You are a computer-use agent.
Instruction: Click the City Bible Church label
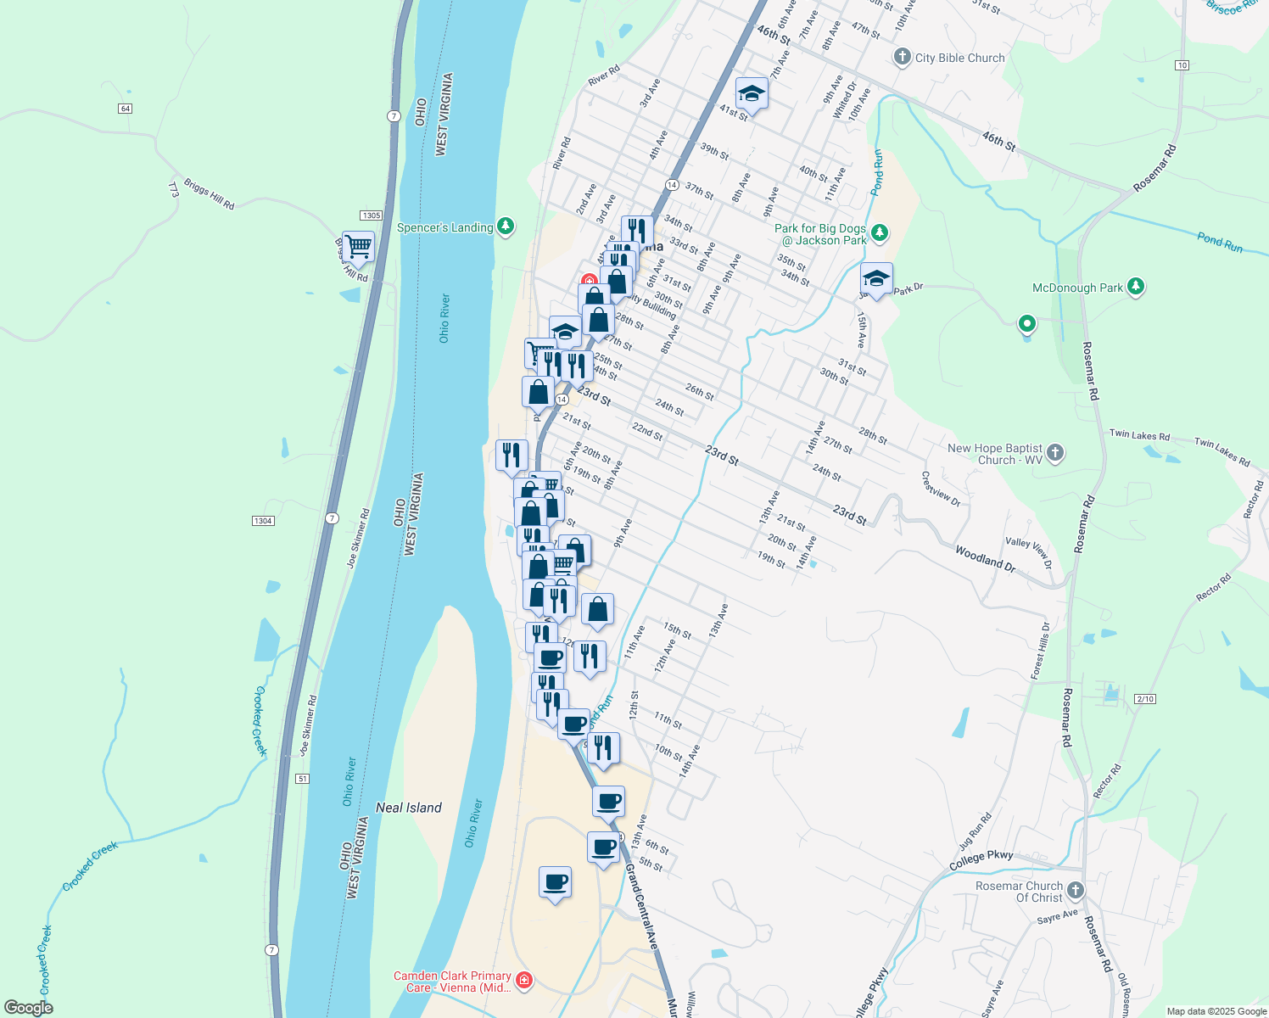click(959, 58)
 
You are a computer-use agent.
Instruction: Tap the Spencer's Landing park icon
click(506, 226)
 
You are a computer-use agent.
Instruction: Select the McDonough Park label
click(1077, 288)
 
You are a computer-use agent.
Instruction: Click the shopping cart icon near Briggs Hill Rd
click(359, 246)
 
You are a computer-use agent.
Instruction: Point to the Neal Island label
click(409, 808)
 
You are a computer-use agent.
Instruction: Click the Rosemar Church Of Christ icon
click(1076, 890)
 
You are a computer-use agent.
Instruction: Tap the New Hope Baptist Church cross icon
click(1055, 452)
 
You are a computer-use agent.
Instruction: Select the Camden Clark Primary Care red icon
click(524, 981)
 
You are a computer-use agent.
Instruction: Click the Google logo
click(29, 1008)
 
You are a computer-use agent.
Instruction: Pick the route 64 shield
click(126, 109)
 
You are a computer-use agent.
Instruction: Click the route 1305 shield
click(371, 215)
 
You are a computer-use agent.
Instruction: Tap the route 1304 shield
click(263, 520)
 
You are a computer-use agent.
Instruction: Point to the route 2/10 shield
click(1145, 698)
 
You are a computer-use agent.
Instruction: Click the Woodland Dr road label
click(985, 557)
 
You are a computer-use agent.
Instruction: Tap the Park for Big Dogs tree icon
click(880, 232)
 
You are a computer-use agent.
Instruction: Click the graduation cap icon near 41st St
click(752, 93)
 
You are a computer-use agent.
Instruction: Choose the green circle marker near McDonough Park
click(1027, 323)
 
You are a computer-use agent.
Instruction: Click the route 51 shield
click(304, 778)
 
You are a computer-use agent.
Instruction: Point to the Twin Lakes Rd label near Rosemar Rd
click(1139, 435)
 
